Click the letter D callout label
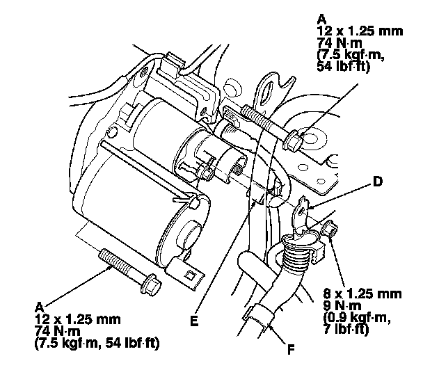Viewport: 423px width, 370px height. coord(378,184)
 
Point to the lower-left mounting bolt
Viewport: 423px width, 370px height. coord(129,271)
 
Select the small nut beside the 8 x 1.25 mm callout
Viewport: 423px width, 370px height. coord(330,230)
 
